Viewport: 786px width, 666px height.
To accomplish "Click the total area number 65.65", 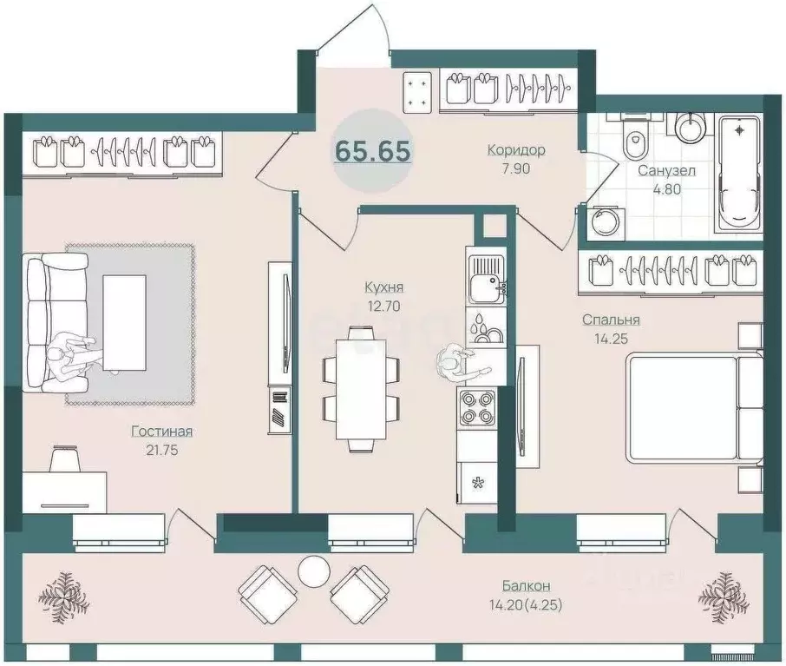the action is click(x=372, y=150).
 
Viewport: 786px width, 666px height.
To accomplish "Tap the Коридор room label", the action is click(x=516, y=149).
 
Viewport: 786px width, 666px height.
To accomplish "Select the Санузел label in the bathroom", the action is click(x=666, y=171).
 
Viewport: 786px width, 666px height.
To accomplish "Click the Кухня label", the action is click(x=384, y=287).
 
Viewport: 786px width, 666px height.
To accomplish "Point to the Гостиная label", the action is click(x=162, y=431).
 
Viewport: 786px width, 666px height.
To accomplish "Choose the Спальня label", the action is click(x=611, y=320).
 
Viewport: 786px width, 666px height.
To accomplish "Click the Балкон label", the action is click(x=527, y=586).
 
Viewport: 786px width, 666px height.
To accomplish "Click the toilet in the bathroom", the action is click(x=636, y=135).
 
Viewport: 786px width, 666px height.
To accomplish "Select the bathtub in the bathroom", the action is click(x=739, y=174).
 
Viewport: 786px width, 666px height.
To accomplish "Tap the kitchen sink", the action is click(x=486, y=280).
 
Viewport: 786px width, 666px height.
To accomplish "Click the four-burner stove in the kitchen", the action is click(x=476, y=407).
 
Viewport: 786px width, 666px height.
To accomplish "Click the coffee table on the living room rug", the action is click(x=124, y=323).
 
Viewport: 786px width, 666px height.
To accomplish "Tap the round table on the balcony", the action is click(x=314, y=570).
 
